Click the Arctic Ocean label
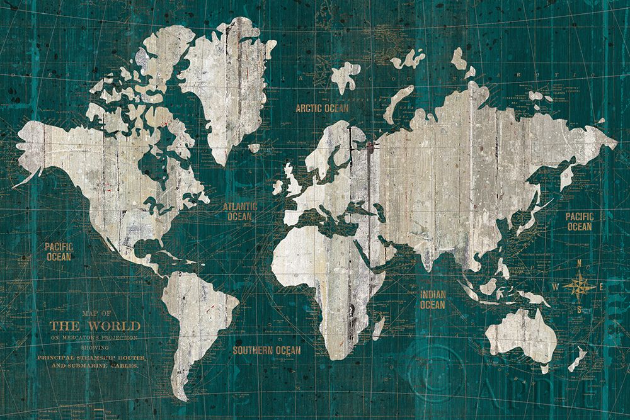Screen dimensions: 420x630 click(x=322, y=108)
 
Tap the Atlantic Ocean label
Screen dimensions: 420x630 click(x=240, y=212)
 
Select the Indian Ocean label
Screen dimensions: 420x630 click(x=432, y=299)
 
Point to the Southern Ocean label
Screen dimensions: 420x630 click(x=266, y=350)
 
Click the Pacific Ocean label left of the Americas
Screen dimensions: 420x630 click(x=59, y=251)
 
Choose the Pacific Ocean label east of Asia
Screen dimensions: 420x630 click(x=579, y=221)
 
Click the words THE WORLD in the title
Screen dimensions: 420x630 click(x=95, y=326)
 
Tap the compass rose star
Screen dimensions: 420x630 click(x=579, y=287)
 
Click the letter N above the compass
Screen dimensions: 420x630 click(x=579, y=264)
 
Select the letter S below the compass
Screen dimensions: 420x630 click(x=579, y=310)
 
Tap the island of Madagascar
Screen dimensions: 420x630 click(x=379, y=327)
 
